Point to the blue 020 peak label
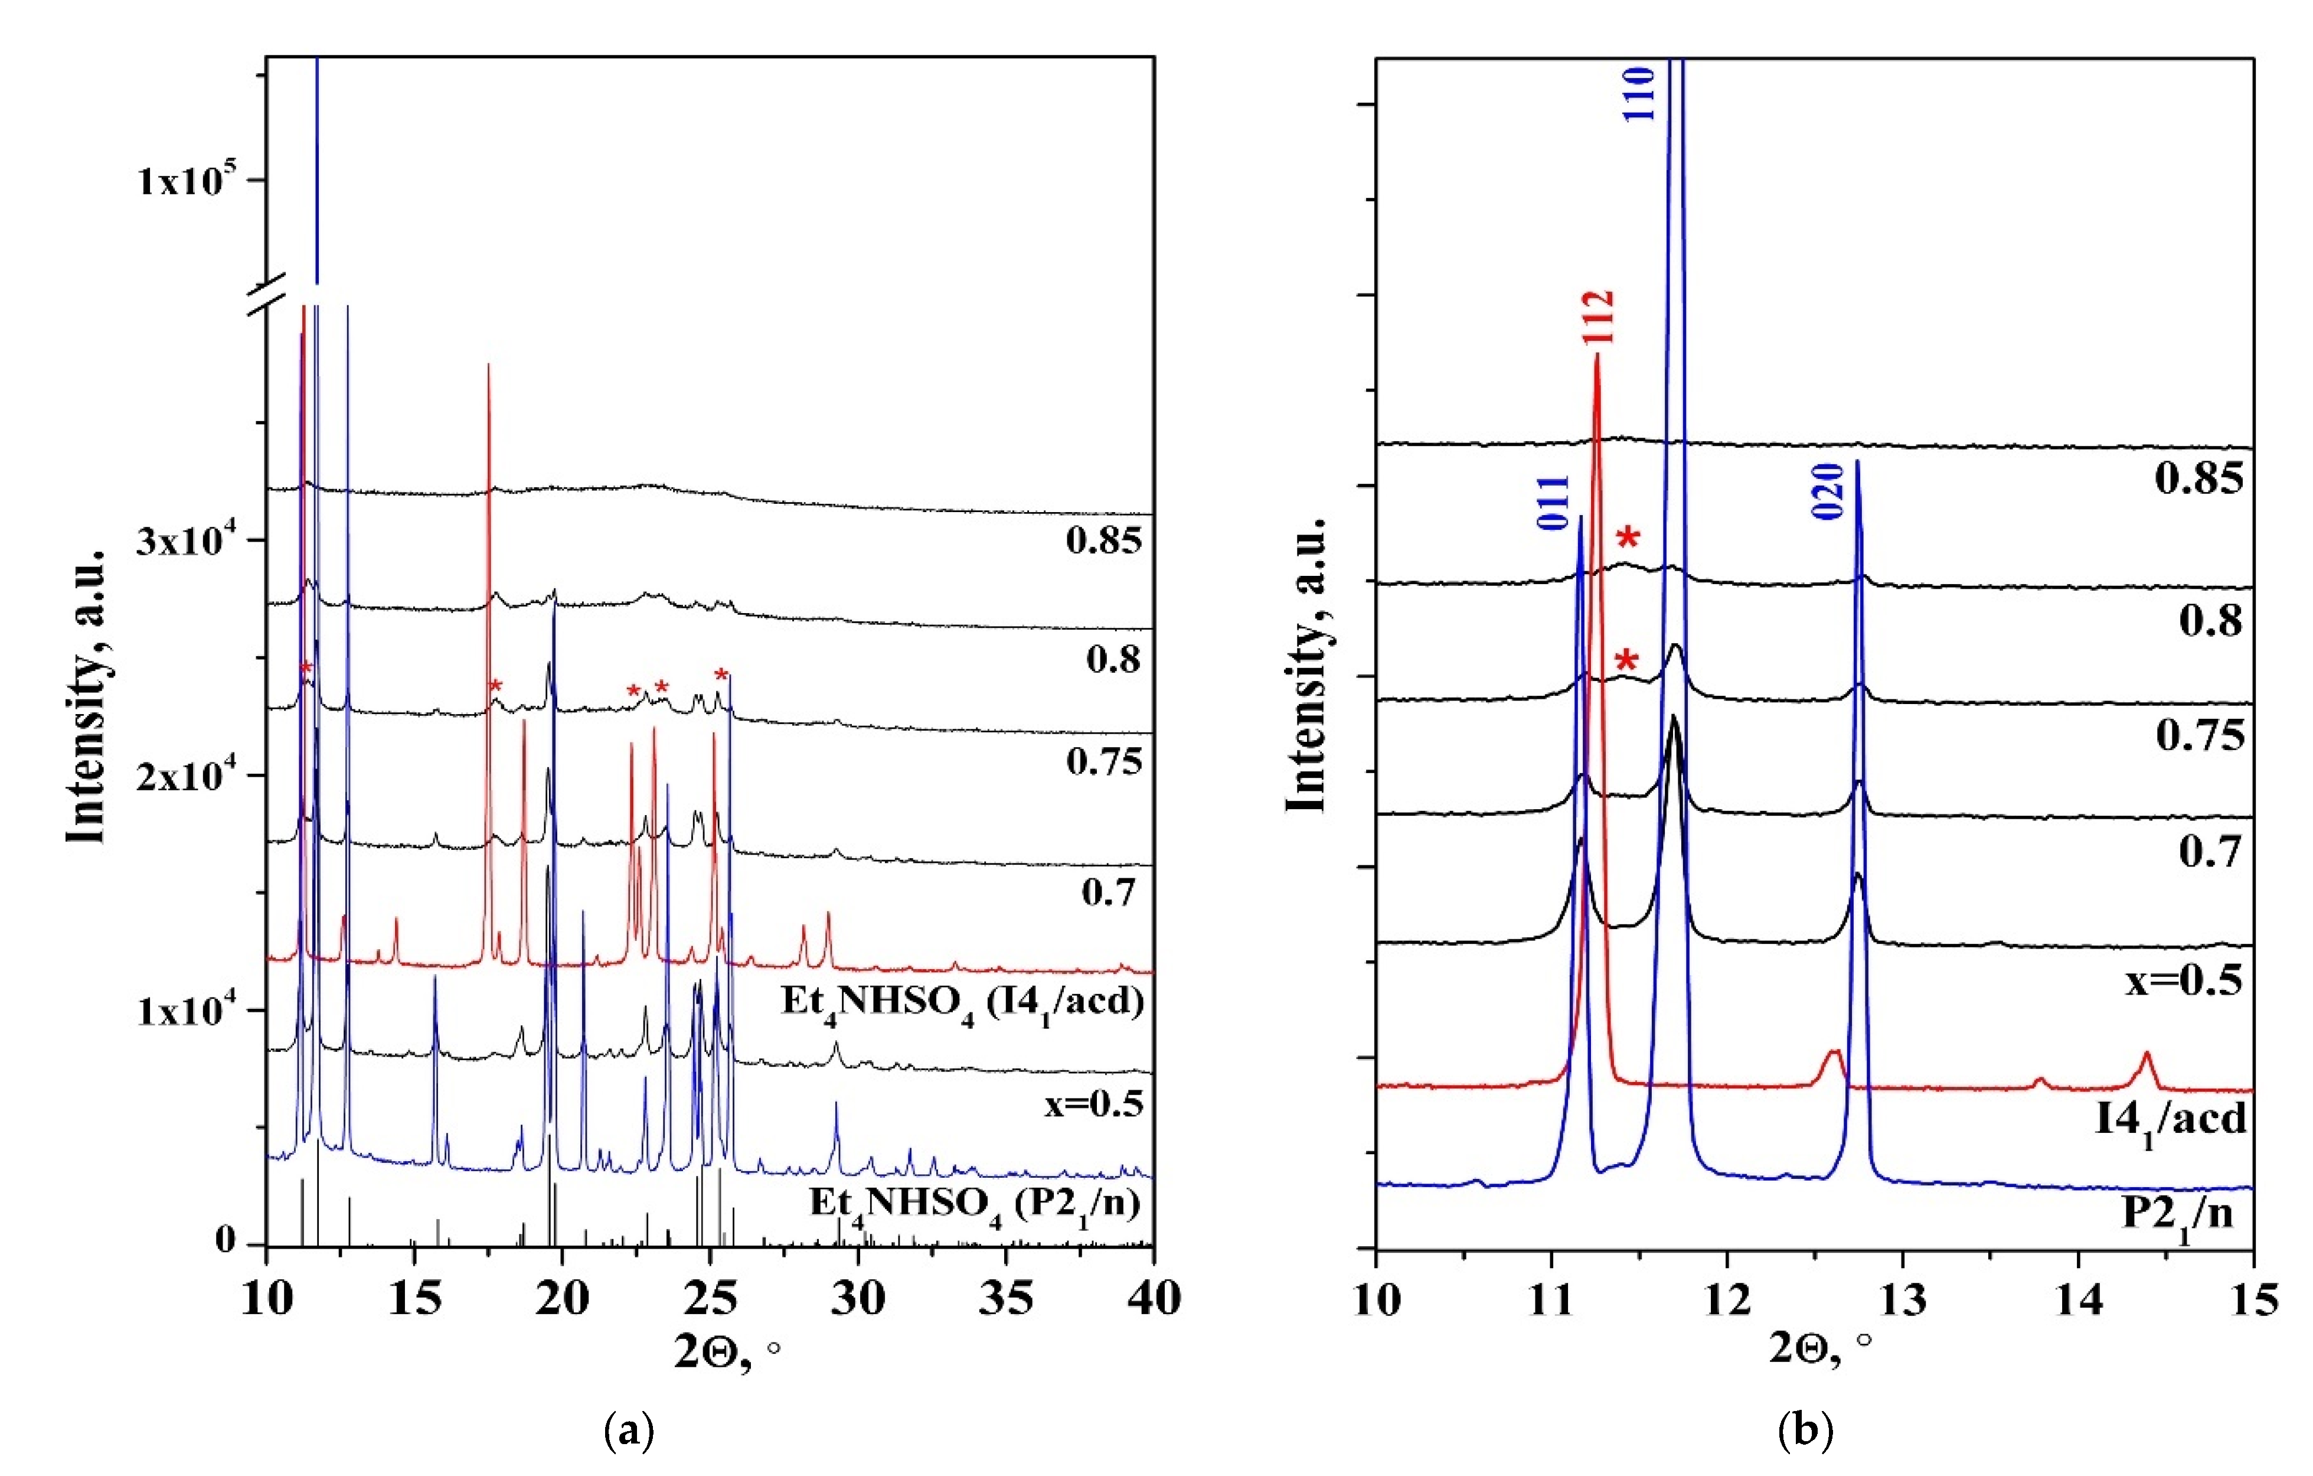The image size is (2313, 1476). tap(1828, 491)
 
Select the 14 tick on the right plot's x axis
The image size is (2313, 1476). tap(2077, 1299)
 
